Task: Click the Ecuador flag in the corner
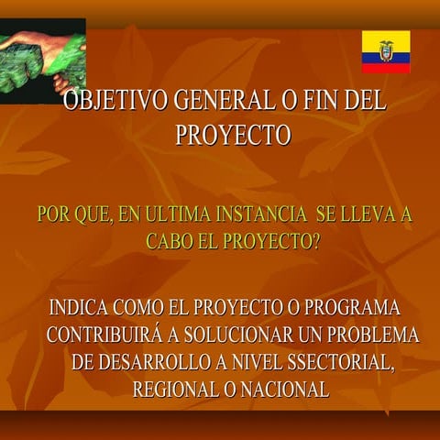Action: [x=386, y=51]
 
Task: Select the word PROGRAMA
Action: [x=352, y=307]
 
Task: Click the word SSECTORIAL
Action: [x=335, y=362]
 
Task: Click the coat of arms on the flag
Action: [x=386, y=50]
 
